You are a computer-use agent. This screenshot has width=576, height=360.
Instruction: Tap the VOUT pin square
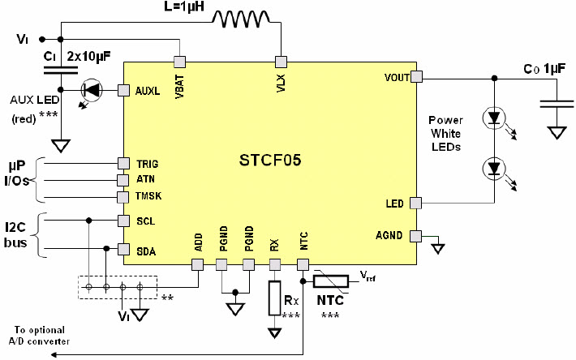pos(416,77)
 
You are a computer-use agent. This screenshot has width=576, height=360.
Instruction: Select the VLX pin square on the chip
pos(281,61)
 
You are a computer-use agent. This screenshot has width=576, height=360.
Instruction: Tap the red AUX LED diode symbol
pos(92,89)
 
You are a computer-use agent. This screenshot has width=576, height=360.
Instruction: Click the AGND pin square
pos(416,236)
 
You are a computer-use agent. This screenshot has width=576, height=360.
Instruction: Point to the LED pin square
pos(416,203)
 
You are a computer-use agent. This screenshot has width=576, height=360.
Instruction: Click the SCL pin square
pos(123,220)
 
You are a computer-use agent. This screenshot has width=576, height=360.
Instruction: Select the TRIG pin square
pos(123,163)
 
